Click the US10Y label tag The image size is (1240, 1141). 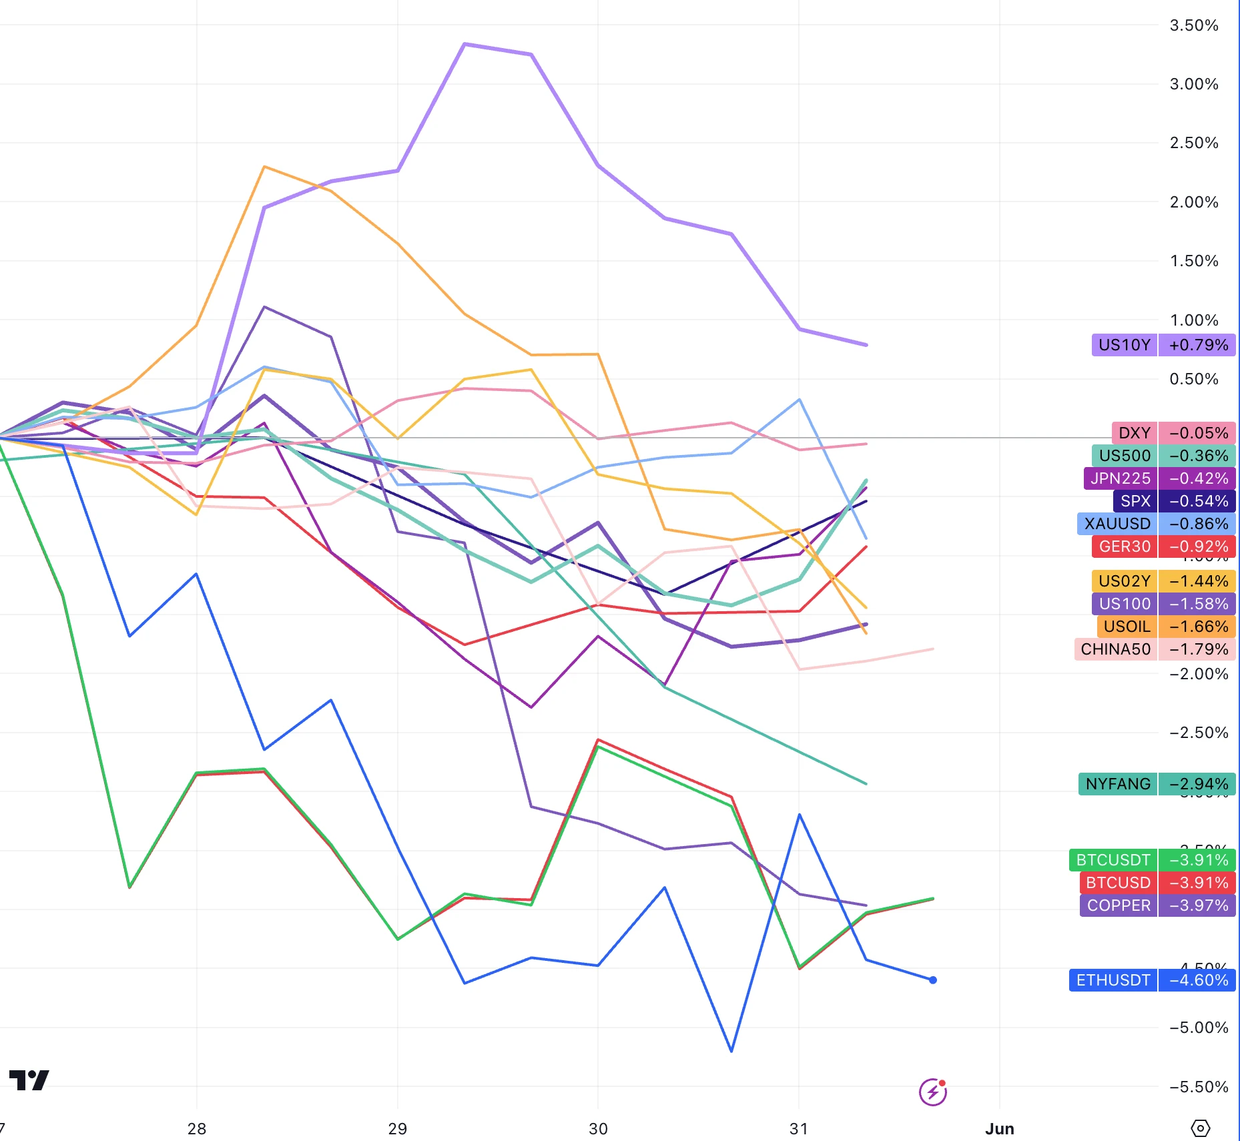[1125, 345]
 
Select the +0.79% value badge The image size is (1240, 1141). [1198, 345]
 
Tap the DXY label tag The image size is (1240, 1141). [1134, 433]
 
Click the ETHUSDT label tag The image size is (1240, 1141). [1113, 980]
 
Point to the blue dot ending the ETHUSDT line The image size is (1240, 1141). [933, 980]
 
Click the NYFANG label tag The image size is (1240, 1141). [1118, 784]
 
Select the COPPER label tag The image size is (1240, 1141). [1119, 905]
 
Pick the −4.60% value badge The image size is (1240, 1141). [1198, 980]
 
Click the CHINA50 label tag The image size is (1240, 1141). [1115, 649]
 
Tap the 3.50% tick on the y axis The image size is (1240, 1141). [1193, 25]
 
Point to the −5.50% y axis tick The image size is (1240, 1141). [1198, 1087]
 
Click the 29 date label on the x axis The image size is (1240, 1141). [397, 1128]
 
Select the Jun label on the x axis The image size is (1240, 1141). [999, 1128]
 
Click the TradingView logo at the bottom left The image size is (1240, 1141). [29, 1080]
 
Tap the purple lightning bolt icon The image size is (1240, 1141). [932, 1092]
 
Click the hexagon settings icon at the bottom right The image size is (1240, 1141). [1200, 1128]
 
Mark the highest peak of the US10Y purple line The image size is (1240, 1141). [464, 44]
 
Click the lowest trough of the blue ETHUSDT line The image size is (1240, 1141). [731, 1051]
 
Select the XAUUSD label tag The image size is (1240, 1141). [1117, 524]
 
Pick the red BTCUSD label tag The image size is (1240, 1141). [1118, 883]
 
